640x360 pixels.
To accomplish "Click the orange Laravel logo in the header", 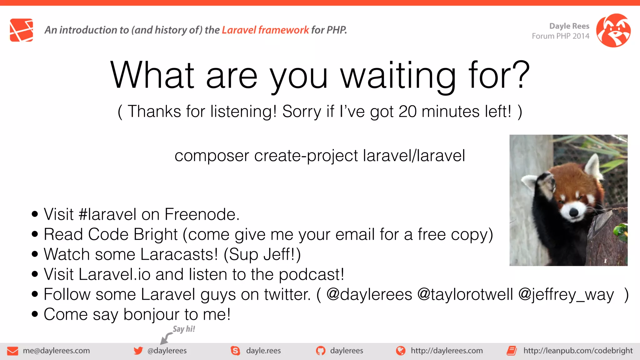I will tap(21, 30).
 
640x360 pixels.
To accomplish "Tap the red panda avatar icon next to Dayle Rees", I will tap(613, 30).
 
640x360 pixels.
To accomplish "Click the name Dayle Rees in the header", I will tap(569, 26).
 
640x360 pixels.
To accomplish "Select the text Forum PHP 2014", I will tap(560, 36).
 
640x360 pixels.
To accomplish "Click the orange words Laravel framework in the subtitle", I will tap(265, 30).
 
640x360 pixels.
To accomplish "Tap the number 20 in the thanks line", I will tap(407, 112).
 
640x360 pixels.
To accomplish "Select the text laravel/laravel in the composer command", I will tap(414, 156).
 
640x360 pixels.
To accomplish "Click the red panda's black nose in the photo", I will tap(574, 212).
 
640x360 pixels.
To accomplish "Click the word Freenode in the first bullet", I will tap(202, 214).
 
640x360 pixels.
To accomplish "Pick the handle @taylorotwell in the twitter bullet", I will tap(465, 294).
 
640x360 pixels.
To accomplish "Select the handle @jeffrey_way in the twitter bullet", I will tap(566, 294).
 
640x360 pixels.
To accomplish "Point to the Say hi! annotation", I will tap(184, 329).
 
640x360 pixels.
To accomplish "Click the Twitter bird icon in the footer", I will tap(138, 351).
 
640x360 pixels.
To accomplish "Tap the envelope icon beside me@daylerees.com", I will tap(12, 351).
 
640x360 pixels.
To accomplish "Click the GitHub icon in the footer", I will tap(320, 351).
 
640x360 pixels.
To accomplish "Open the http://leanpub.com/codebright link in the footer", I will tap(578, 351).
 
